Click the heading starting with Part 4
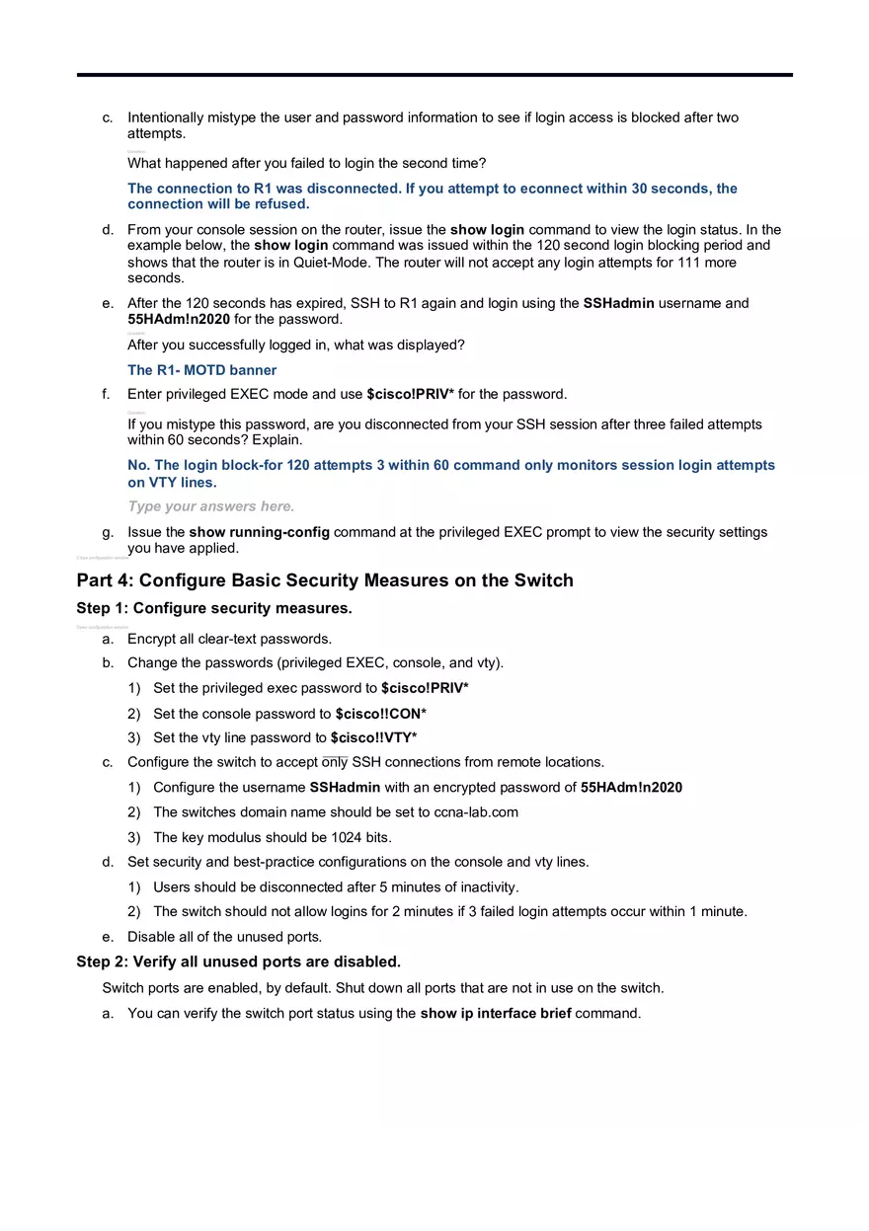tap(324, 580)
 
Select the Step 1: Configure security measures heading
tap(214, 608)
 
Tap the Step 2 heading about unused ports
tap(238, 962)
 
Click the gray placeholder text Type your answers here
tap(210, 506)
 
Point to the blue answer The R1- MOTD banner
tap(201, 370)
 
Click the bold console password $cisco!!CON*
tap(380, 714)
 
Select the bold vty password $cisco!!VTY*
tap(373, 737)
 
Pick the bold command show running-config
tap(260, 532)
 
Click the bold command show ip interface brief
tap(495, 1013)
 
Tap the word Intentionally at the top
tap(166, 117)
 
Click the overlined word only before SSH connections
tap(335, 762)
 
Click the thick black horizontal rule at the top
tap(434, 74)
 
